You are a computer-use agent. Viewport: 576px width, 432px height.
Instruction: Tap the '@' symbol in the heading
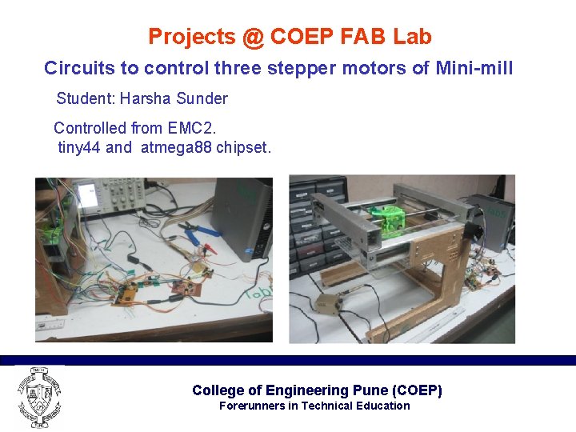coord(254,37)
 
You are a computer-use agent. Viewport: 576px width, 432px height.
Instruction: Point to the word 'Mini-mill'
coord(474,68)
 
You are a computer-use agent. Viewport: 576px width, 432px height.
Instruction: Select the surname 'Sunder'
coord(203,98)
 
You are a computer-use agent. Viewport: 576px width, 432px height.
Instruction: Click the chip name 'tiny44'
coord(79,147)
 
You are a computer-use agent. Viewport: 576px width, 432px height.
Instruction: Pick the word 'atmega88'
coord(176,147)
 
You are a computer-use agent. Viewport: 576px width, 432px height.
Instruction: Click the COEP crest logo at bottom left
coord(38,397)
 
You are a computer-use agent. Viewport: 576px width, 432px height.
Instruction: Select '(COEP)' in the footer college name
coord(417,390)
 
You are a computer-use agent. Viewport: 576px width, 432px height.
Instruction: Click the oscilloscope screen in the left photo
coord(86,193)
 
